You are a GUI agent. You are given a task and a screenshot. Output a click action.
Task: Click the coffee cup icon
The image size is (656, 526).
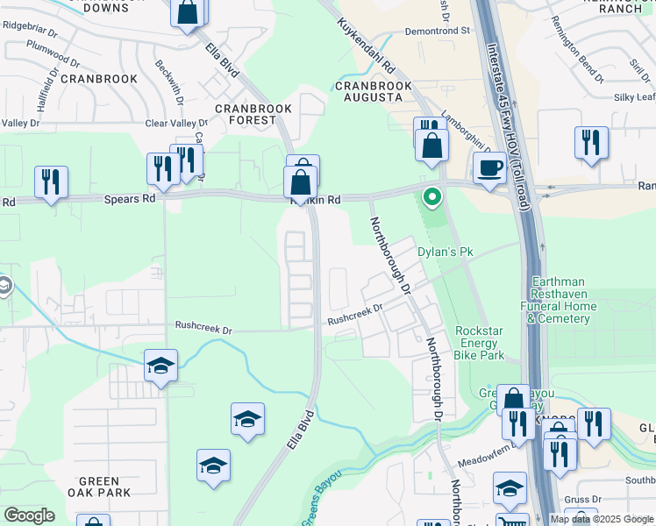[x=490, y=167]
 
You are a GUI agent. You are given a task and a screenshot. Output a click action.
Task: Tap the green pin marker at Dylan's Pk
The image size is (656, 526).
[x=431, y=196]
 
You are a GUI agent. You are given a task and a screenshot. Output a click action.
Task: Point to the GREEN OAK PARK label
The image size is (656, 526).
[x=99, y=487]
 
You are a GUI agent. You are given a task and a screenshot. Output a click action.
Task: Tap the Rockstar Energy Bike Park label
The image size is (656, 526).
[x=479, y=344]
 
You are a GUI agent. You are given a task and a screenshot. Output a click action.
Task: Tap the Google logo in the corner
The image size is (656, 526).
[x=29, y=515]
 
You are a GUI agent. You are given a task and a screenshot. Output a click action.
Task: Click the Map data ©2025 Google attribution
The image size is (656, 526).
[x=601, y=519]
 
